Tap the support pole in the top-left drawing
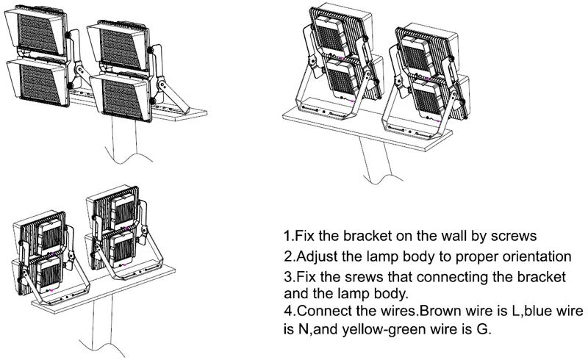coord(118,140)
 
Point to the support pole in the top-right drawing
coord(375,158)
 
